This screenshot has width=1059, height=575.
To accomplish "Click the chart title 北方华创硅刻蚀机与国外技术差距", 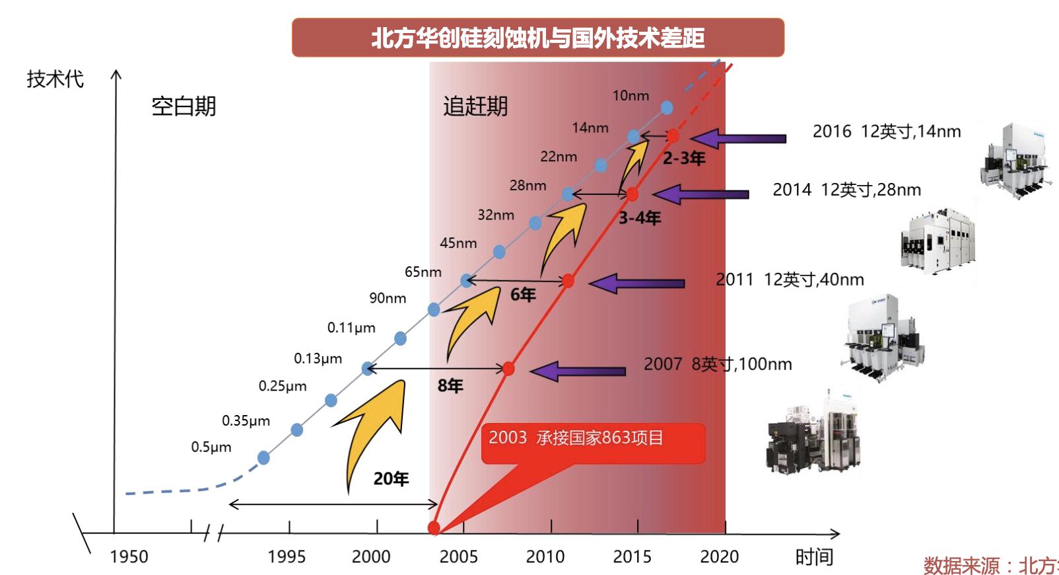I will (x=537, y=38).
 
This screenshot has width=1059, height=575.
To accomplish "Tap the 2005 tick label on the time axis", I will (x=458, y=556).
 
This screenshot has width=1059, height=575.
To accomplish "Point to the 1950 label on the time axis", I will (x=129, y=556).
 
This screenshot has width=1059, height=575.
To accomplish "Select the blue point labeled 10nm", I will (x=667, y=107).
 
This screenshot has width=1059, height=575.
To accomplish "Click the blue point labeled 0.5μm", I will (x=263, y=457).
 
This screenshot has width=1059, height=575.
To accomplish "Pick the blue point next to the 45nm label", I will (x=499, y=252).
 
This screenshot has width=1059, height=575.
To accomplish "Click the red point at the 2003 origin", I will (x=434, y=527).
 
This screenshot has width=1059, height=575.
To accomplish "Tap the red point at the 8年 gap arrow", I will (x=508, y=369).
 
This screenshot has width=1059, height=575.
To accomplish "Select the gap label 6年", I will (x=523, y=295).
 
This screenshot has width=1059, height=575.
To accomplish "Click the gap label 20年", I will (x=391, y=479).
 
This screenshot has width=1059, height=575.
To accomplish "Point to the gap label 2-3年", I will (x=684, y=159).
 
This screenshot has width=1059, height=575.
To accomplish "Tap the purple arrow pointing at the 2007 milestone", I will (x=578, y=371).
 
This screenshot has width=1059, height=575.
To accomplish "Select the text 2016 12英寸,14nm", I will (x=886, y=132).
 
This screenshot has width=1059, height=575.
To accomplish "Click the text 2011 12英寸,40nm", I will (x=790, y=280).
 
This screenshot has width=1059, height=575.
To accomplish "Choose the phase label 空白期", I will (x=184, y=106).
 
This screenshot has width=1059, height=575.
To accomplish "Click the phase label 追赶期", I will (x=475, y=106).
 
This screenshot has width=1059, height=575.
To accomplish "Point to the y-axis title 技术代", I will (x=55, y=79).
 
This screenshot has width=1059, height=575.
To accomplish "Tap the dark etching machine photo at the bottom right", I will (x=813, y=433).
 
